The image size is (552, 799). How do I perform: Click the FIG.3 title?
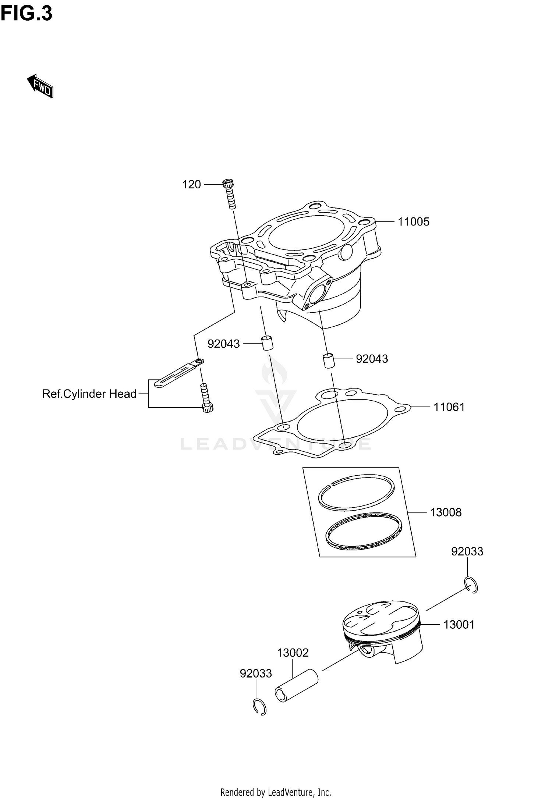[26, 14]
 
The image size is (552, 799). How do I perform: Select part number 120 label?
[191, 184]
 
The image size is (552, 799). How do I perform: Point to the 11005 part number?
[414, 222]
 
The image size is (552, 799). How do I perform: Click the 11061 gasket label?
[449, 407]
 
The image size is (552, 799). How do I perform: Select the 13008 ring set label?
[446, 512]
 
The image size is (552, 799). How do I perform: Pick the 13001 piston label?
[459, 625]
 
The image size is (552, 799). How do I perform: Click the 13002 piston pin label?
[293, 653]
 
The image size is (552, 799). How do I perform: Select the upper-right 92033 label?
[467, 562]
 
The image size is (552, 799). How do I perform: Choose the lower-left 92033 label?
[256, 673]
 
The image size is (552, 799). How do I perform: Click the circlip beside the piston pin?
[260, 707]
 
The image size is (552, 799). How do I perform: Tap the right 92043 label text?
[372, 359]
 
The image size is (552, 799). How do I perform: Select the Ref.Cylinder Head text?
[89, 394]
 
